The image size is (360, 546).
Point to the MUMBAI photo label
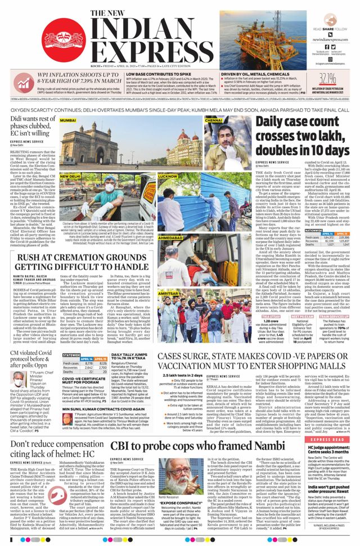click(68, 120)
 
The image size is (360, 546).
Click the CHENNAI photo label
click(214, 120)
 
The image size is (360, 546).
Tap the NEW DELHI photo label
click(70, 176)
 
